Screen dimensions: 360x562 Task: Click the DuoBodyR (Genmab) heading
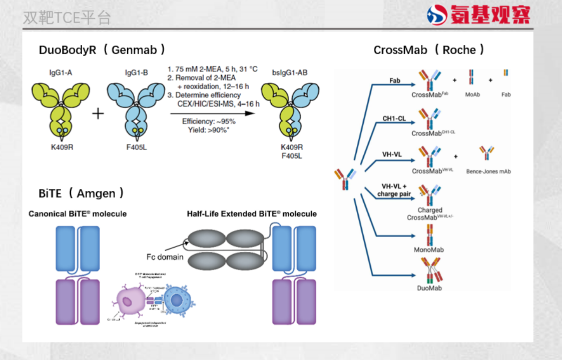tap(102, 50)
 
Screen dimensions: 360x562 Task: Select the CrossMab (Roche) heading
tap(429, 50)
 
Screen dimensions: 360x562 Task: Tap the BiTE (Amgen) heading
tap(81, 193)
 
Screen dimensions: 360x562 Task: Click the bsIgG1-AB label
tap(290, 72)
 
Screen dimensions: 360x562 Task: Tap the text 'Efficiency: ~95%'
tap(209, 121)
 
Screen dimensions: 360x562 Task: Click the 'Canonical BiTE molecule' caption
tap(78, 214)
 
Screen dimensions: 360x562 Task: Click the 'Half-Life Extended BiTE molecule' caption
tap(252, 214)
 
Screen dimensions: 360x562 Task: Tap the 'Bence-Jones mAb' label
tap(488, 171)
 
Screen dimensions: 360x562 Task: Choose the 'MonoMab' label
tap(429, 249)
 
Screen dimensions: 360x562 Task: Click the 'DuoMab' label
tap(429, 288)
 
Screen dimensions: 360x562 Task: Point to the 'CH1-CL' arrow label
tap(394, 118)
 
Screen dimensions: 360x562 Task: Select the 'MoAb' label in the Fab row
tap(472, 94)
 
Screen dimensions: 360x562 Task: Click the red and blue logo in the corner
tap(437, 15)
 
